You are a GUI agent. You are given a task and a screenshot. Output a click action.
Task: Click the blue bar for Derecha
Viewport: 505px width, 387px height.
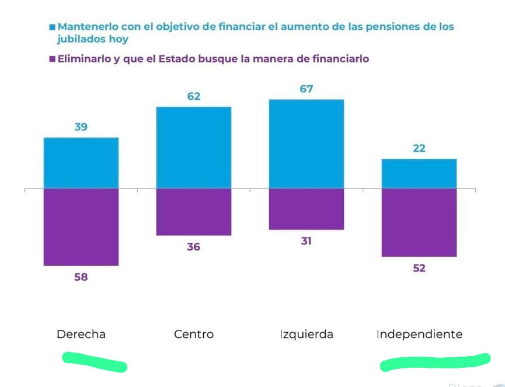81,163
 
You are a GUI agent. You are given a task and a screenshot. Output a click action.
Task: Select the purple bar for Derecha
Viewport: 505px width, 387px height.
81,227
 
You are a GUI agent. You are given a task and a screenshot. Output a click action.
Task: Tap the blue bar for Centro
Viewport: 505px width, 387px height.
194,148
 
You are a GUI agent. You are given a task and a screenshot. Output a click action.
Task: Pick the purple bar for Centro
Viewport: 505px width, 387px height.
194,212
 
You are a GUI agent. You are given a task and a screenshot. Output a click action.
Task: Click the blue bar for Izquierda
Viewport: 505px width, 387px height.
307,144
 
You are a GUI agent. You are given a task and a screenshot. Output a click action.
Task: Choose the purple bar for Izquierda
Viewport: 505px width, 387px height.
307,209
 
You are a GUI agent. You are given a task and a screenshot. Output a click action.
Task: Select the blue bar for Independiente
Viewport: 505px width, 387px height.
419,173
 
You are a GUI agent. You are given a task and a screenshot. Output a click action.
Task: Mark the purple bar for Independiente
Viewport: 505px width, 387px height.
419,222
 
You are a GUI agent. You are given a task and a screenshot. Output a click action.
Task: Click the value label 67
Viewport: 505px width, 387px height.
307,89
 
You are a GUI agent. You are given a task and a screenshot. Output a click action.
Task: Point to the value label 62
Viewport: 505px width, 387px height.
194,96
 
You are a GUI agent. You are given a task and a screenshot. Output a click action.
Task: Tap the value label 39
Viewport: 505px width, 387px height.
81,127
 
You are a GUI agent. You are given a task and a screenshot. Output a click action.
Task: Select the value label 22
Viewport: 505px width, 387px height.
419,148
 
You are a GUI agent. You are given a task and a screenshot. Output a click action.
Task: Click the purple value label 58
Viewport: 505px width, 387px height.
81,277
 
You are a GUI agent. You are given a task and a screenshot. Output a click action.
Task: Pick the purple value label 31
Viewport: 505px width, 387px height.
307,241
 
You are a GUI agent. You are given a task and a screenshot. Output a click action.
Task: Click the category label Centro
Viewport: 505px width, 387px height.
194,334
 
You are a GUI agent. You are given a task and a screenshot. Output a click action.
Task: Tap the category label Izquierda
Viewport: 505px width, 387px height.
307,334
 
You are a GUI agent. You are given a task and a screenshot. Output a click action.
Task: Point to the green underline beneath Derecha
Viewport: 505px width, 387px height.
95,362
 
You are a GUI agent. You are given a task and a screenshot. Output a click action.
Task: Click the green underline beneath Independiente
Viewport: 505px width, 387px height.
435,362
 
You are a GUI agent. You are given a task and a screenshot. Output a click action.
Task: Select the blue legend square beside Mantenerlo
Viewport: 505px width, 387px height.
53,27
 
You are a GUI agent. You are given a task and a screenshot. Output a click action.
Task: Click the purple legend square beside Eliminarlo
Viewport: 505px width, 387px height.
53,59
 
